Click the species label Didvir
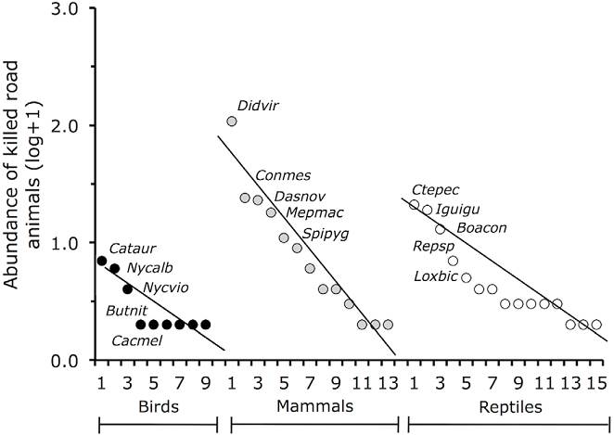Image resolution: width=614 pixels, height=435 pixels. pyautogui.click(x=258, y=106)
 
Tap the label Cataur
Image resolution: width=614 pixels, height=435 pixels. pyautogui.click(x=130, y=249)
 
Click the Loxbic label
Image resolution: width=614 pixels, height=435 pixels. pyautogui.click(x=435, y=275)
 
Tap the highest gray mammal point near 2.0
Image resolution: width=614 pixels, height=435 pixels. pyautogui.click(x=232, y=122)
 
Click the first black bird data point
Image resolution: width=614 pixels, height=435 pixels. pyautogui.click(x=101, y=261)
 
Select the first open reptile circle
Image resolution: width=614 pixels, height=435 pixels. pyautogui.click(x=414, y=205)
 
